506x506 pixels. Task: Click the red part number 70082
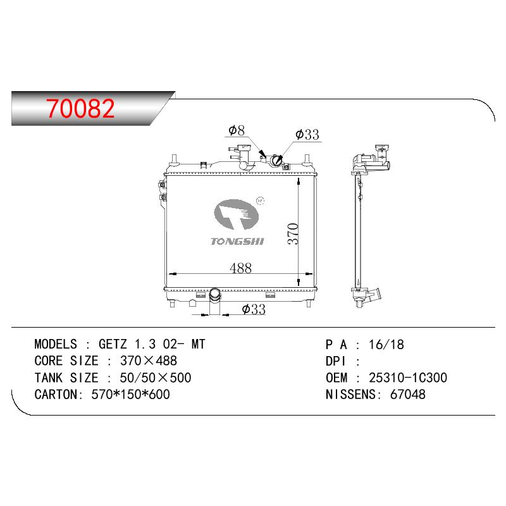[80, 108]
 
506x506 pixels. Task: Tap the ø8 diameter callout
[237, 130]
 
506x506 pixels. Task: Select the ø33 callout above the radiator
[307, 134]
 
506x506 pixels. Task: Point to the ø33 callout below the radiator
[254, 309]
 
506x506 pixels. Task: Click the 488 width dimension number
[240, 268]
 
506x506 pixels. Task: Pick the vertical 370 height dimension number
[293, 233]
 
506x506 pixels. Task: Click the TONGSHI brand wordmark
[237, 242]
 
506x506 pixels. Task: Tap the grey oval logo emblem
[236, 214]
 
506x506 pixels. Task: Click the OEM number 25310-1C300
[408, 378]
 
